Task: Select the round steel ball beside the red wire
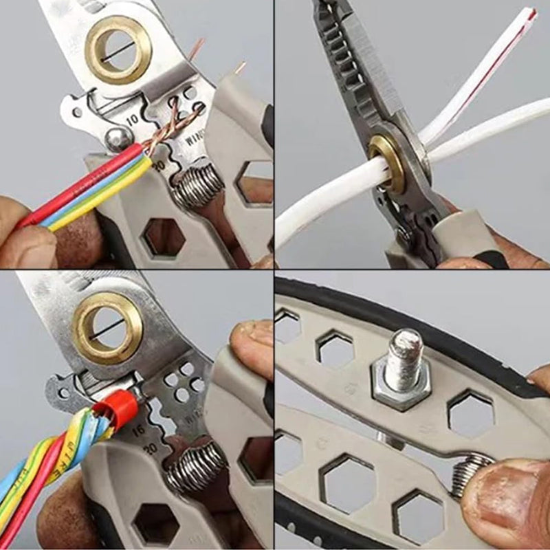118,140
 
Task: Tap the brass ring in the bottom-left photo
108,327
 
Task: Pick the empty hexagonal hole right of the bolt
470,413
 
